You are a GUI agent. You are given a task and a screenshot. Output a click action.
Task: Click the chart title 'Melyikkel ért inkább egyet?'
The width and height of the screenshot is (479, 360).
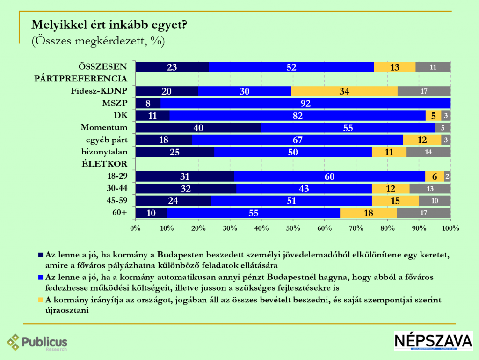coord(109,25)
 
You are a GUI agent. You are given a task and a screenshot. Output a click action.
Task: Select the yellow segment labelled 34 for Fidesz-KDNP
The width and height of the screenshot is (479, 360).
coord(344,91)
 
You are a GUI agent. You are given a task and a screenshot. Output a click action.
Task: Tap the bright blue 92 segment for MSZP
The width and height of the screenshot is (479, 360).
coord(305,103)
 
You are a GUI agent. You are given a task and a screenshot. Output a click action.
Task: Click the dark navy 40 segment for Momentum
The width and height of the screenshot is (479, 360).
coord(198,128)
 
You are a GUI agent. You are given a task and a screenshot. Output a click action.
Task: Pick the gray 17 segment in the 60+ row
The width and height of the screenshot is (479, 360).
coord(424,213)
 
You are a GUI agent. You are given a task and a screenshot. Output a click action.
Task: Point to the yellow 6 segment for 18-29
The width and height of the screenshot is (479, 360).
coord(435,176)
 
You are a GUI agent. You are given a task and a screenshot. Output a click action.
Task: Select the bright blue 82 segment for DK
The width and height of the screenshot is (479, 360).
coord(298,116)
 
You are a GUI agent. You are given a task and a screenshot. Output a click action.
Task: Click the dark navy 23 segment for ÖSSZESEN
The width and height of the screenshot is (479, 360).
coord(172,67)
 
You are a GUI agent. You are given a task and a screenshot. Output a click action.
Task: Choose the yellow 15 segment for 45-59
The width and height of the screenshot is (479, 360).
coord(395,201)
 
